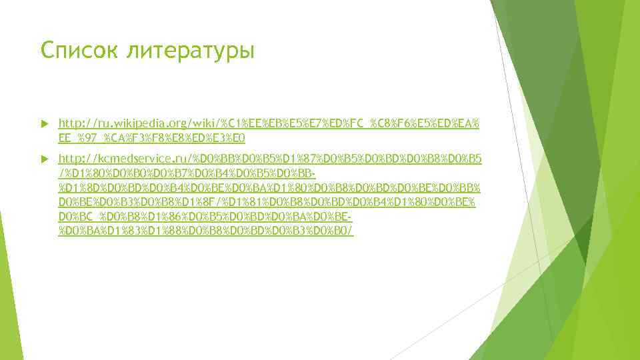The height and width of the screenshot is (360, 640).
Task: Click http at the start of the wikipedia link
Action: [69, 123]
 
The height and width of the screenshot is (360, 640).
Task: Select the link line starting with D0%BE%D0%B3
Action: [267, 203]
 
